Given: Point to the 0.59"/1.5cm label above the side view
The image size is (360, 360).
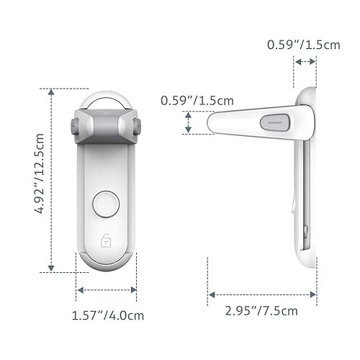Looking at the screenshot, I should tap(303, 45).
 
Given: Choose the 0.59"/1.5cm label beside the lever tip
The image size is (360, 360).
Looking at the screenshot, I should tap(193, 101).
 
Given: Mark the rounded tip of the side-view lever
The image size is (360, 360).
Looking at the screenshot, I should tap(212, 124).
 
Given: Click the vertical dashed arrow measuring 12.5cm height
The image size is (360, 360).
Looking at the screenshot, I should tap(51, 180).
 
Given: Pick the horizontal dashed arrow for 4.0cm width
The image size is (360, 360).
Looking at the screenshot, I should tap(107, 291).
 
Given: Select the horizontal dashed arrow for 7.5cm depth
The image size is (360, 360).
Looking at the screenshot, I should tap(262, 294).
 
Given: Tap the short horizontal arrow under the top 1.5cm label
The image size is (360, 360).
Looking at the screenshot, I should tap(305, 63).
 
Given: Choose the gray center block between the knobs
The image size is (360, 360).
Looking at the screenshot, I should tap(107, 126).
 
